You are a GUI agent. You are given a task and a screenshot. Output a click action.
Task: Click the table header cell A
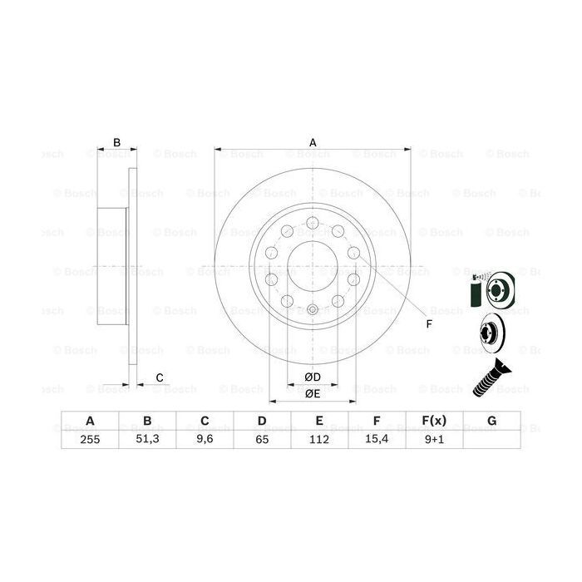click(x=89, y=421)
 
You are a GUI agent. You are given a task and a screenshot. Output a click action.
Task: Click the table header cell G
click(x=491, y=421)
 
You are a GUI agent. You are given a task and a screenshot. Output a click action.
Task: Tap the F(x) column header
click(x=434, y=421)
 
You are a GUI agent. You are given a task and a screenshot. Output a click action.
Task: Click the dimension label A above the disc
click(x=313, y=142)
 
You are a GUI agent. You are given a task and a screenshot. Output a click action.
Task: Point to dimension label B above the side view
click(x=117, y=143)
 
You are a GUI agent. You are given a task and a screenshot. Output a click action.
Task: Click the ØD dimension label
click(x=313, y=378)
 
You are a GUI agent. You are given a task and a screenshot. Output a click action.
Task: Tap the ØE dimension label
click(x=313, y=393)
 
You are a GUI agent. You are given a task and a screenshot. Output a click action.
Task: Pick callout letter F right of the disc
click(x=429, y=324)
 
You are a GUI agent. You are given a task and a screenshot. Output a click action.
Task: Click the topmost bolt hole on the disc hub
click(x=313, y=222)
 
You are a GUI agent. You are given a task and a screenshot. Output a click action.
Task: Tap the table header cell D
click(x=261, y=421)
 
